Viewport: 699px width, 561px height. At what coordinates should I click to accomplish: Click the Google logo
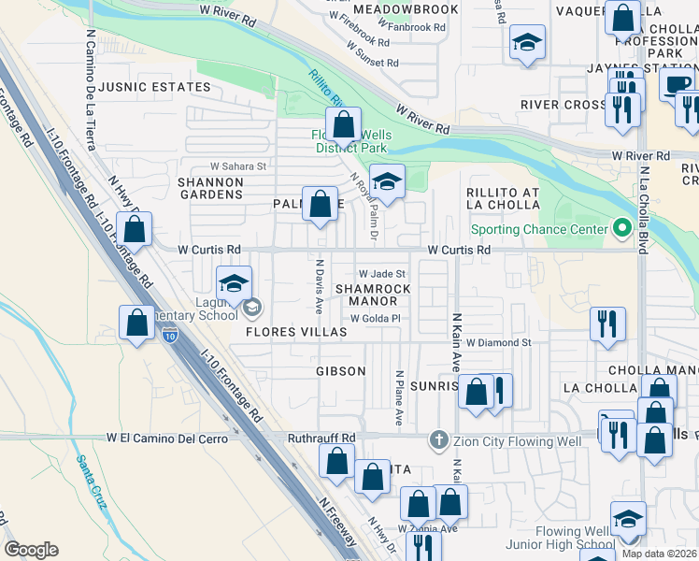click(31, 550)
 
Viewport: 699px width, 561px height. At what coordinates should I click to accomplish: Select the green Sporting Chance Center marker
click(619, 229)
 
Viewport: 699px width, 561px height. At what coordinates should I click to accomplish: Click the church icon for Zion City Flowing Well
click(437, 439)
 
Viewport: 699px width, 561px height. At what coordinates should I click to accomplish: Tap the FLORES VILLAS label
click(296, 332)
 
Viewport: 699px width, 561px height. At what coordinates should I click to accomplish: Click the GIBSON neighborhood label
click(340, 371)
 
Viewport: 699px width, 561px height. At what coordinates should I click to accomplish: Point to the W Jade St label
click(381, 273)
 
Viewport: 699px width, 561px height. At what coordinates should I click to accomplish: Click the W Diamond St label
click(499, 343)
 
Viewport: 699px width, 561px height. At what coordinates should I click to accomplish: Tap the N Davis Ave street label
click(320, 286)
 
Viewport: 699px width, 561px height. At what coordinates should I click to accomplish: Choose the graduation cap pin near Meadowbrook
click(527, 44)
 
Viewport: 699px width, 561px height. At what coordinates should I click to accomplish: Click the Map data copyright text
click(660, 554)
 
